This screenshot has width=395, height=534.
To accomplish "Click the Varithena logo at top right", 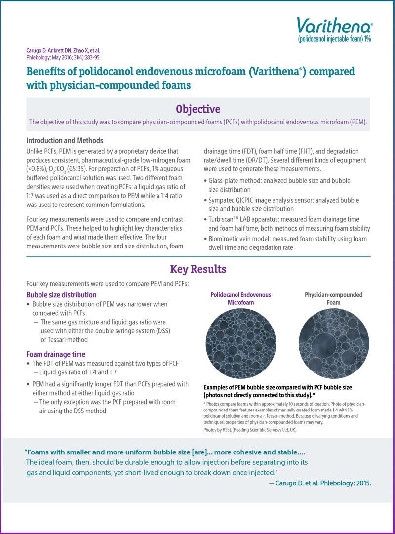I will coord(334,25).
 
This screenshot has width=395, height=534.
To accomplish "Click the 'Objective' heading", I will coord(198,109).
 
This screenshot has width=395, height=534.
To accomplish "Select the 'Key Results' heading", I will coord(198,269).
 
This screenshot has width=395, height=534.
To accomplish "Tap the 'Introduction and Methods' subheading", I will coord(65,140).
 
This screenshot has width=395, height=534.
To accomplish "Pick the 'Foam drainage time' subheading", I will coord(56,354).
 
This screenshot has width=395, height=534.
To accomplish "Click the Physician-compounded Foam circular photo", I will coord(333,343).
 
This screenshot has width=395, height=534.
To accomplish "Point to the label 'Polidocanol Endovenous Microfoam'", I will coord(240,298).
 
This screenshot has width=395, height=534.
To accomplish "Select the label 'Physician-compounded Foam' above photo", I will coord(333,298).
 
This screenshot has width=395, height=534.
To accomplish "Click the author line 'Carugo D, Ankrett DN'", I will coord(63,51).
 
